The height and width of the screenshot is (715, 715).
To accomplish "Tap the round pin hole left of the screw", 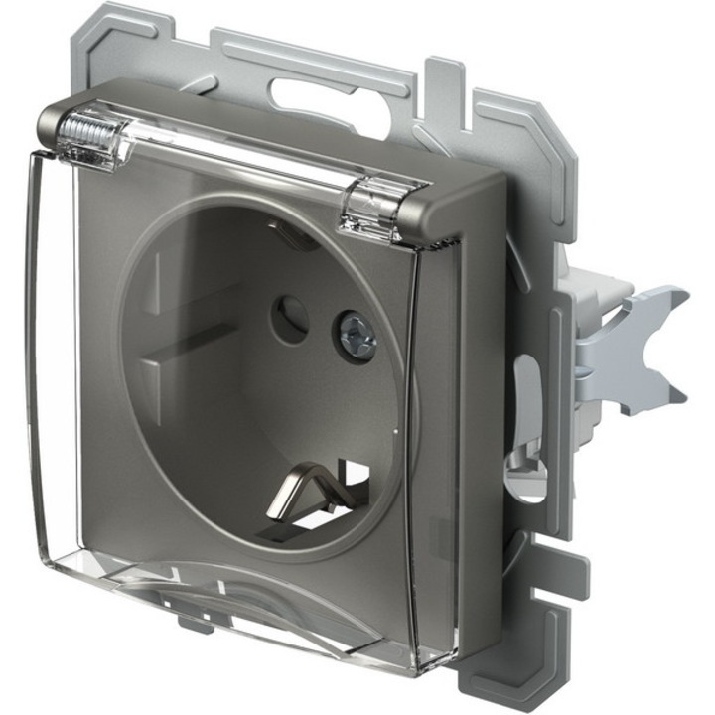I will (289, 321).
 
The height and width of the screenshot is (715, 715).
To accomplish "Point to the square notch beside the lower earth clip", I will (353, 477).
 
